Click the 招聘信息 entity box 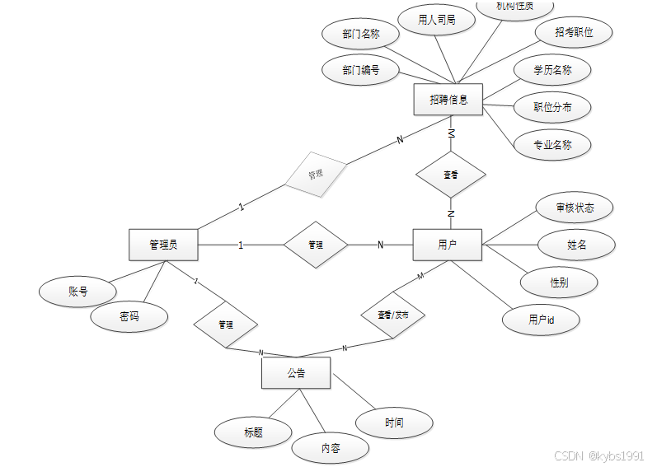448,100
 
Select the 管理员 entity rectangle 163,245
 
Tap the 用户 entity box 447,245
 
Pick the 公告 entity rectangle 296,373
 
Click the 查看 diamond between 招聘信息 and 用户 450,175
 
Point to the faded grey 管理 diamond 316,175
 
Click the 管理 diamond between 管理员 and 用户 316,245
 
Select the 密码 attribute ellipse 129,316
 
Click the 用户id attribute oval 542,320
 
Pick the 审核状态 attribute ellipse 574,207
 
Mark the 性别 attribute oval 559,282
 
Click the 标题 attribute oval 253,432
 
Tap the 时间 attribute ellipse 394,423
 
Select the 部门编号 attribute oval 360,70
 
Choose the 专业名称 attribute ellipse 552,144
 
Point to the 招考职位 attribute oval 574,32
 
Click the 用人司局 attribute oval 436,19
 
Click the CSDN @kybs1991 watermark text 598,455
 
